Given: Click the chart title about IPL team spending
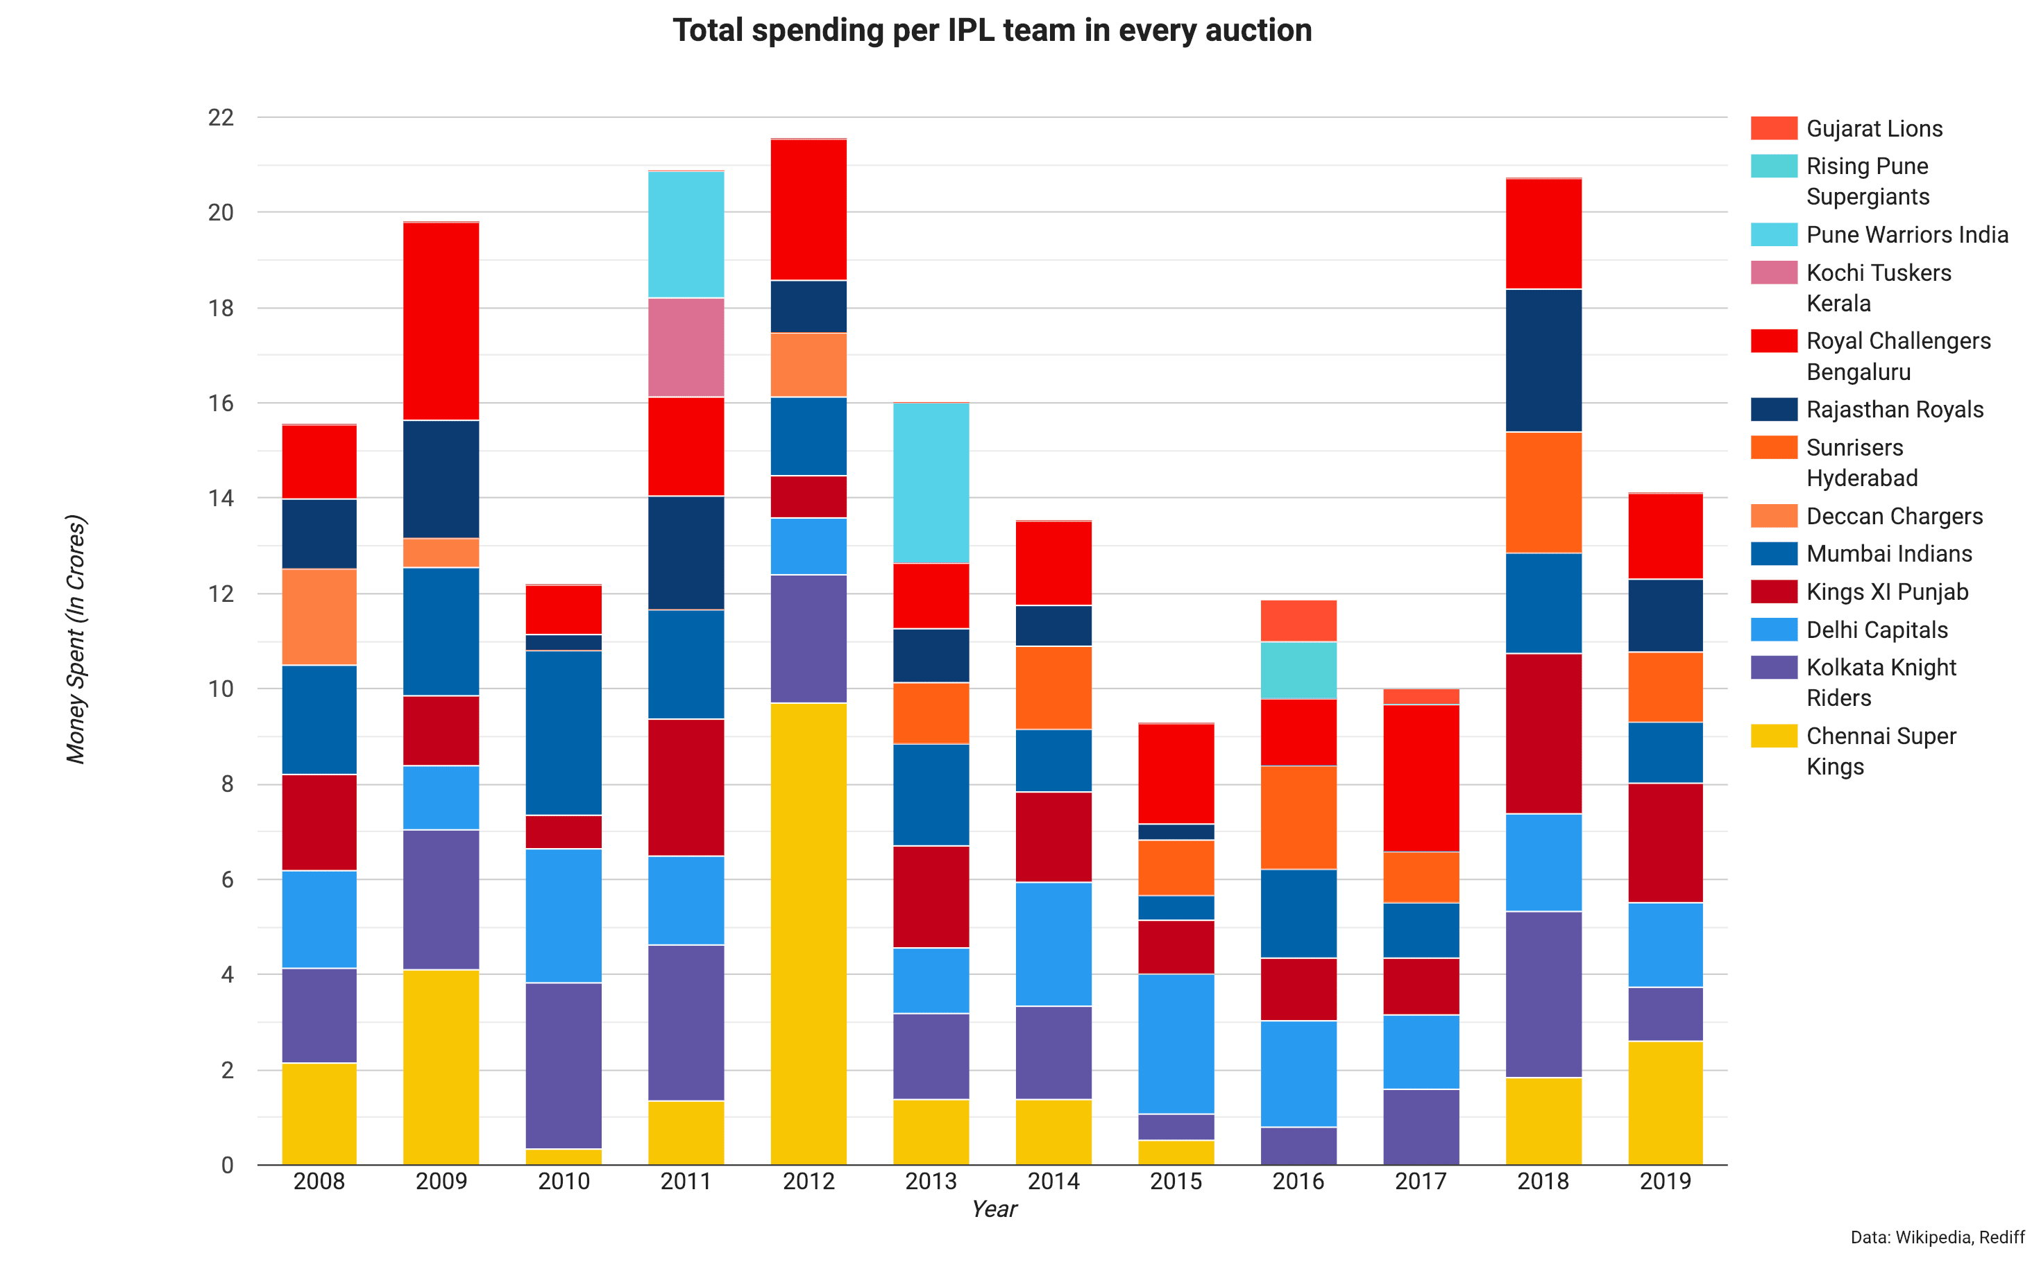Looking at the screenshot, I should point(992,31).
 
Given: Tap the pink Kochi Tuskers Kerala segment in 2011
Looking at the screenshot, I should point(686,347).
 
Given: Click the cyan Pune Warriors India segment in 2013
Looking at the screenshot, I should point(931,483).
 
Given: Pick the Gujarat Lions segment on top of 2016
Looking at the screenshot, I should point(1298,621).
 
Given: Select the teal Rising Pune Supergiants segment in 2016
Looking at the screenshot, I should point(1298,671).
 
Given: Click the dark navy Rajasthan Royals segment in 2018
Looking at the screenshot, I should point(1543,360).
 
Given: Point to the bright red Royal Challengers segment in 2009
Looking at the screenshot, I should point(441,321).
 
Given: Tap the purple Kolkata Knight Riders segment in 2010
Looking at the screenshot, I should point(564,1065).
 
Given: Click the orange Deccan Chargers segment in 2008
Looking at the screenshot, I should point(319,616).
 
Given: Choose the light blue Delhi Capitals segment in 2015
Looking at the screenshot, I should point(1176,1044).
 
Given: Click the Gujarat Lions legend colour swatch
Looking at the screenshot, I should point(1774,128).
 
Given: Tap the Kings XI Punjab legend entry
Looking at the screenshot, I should point(1887,591).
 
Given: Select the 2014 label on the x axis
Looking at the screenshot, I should point(1053,1181).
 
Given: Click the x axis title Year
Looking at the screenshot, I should point(993,1209).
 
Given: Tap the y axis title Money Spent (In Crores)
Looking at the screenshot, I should point(76,639).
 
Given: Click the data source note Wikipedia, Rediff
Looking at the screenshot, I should point(1937,1237).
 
